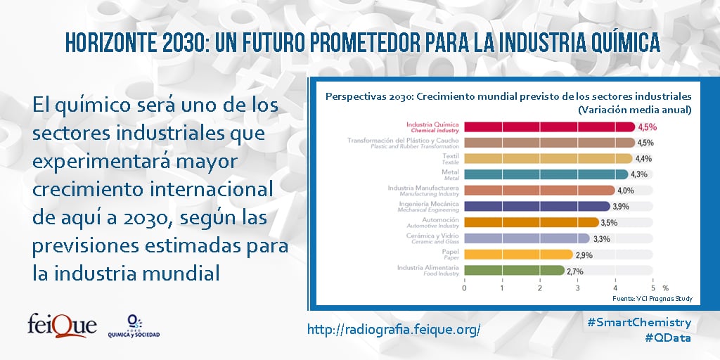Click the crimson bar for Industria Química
click(550, 127)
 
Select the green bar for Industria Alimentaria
click(514, 271)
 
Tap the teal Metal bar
click(546, 174)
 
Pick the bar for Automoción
click(532, 223)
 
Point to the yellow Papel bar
click(519, 255)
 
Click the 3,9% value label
click(622, 207)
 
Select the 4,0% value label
click(626, 191)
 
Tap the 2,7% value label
click(575, 271)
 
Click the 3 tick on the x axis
click(577, 288)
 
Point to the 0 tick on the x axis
click(464, 288)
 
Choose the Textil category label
click(451, 159)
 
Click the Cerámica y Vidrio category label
click(432, 238)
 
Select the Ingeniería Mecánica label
click(428, 206)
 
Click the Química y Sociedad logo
click(134, 326)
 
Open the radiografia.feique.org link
click(394, 329)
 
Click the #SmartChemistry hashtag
click(639, 322)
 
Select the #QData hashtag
click(668, 338)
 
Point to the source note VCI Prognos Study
click(652, 299)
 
